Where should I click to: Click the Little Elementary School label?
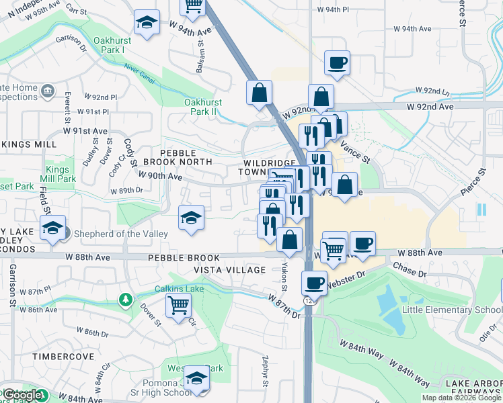point(451,310)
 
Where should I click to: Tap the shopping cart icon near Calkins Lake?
point(179,305)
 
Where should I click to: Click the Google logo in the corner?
point(24,396)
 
